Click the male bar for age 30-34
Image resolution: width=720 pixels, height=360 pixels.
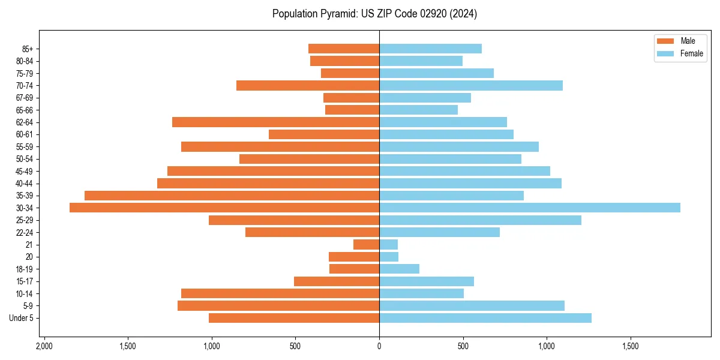point(224,208)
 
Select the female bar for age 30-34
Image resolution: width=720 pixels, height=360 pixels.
point(529,208)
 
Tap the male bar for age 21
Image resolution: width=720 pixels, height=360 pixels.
point(366,244)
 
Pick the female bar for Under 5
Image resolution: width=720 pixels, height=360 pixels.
point(485,318)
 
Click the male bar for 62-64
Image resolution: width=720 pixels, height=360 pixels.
point(275,122)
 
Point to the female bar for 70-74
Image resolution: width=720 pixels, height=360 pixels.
point(470,85)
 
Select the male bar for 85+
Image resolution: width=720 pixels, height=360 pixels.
point(344,49)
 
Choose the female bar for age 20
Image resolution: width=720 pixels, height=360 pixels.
point(389,257)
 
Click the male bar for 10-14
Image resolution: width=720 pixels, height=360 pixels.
point(280,293)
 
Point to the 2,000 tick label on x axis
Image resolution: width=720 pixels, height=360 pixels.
point(44,346)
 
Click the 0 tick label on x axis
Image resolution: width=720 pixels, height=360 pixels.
point(379,346)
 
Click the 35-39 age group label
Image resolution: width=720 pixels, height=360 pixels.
point(25,196)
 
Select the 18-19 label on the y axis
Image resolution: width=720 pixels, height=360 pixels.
point(25,269)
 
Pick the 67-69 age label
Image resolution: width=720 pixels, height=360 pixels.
point(25,98)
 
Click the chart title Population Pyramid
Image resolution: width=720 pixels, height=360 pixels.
point(374,14)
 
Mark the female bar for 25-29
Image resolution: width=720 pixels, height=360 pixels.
point(480,220)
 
